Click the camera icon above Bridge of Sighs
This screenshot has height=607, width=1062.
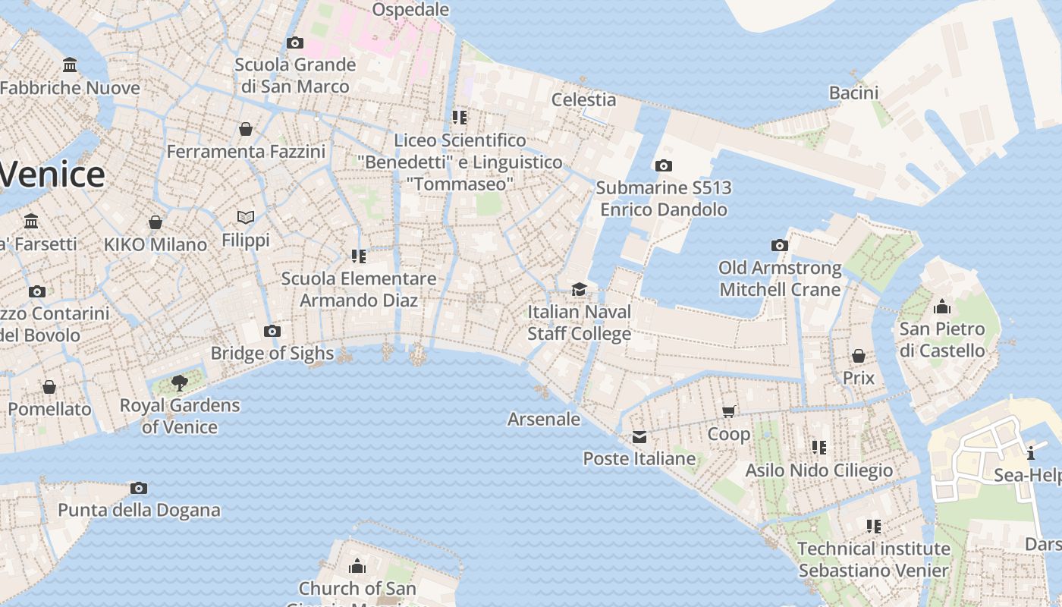tap(272, 331)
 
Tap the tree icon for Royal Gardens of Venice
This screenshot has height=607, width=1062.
tap(180, 383)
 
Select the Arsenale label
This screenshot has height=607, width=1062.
tap(544, 419)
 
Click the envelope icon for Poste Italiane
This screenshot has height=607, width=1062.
tap(639, 436)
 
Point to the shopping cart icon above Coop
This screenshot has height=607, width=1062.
tap(729, 411)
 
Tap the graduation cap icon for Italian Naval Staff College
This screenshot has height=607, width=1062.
tap(580, 289)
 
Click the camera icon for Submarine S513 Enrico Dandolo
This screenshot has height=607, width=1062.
tap(663, 165)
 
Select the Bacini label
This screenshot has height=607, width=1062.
tap(853, 93)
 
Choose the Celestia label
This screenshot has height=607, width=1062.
tap(583, 99)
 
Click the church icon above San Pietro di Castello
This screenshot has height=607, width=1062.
tap(942, 307)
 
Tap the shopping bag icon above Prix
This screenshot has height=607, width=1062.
tap(859, 356)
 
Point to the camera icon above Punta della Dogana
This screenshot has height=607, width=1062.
tap(138, 488)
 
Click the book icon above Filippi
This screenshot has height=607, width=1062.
tap(246, 218)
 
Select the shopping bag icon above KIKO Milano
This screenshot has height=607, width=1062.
tap(156, 222)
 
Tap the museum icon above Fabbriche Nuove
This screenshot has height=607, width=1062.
tap(70, 65)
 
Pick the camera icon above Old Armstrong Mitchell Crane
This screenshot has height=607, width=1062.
tap(779, 245)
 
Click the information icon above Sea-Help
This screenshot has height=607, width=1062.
tap(1031, 454)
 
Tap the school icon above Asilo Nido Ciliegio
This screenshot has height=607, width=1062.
tap(818, 448)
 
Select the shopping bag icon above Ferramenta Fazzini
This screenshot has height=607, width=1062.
tap(246, 129)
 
